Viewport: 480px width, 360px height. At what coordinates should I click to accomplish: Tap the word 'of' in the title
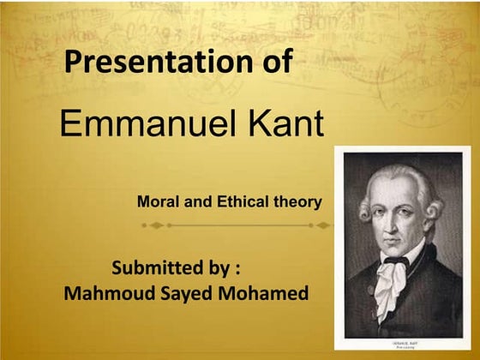273,62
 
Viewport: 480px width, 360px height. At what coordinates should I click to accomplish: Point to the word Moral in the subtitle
157,202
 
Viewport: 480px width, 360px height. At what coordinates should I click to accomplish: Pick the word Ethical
241,202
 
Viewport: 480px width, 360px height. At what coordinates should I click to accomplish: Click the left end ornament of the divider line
153,225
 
